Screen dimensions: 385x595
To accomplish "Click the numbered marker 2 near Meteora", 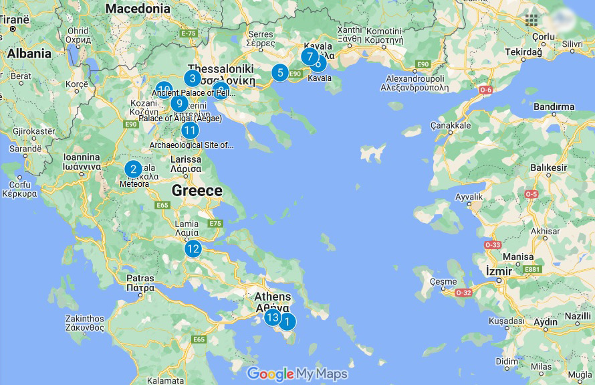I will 133,169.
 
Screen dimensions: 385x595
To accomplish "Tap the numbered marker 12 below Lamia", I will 193,248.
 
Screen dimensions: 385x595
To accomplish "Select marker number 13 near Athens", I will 272,317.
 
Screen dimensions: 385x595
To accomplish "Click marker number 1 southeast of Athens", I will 287,322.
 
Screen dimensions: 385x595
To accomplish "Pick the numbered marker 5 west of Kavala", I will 279,72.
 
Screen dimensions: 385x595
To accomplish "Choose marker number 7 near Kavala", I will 309,56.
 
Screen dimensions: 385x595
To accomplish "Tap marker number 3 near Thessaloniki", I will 192,78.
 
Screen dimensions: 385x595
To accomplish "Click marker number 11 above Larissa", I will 190,131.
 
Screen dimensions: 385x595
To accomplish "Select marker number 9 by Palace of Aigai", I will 178,104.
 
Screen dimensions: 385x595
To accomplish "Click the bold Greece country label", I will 197,190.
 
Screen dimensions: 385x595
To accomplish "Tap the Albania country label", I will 29,54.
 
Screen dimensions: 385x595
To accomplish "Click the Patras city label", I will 140,278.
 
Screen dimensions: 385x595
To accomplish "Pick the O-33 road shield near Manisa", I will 492,245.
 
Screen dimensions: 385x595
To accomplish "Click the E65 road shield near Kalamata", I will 199,339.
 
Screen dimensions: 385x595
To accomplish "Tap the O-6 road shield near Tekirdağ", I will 485,90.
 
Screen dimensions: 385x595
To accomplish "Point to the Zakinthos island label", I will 85,319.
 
